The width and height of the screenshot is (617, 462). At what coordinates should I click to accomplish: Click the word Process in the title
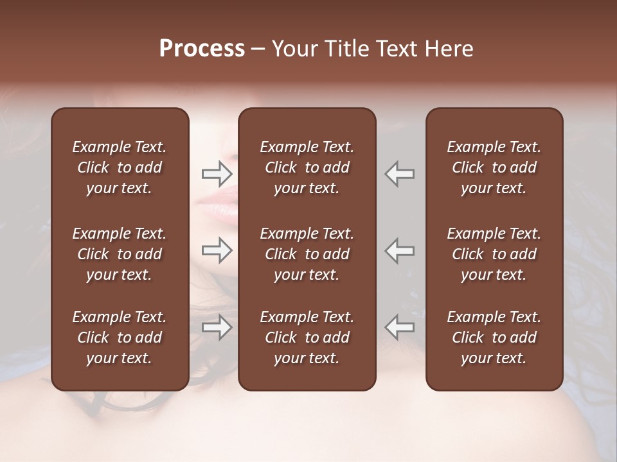202,49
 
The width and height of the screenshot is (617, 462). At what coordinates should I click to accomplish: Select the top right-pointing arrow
217,173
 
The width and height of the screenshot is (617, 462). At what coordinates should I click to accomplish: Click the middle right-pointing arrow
217,250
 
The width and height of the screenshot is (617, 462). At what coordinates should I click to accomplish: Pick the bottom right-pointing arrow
217,327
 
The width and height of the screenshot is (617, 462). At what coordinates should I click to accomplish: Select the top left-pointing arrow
399,173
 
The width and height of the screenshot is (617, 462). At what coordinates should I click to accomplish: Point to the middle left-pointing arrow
399,250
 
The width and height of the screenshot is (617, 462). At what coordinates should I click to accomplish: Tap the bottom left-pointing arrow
399,327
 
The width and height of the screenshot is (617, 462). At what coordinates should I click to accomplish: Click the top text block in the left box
120,167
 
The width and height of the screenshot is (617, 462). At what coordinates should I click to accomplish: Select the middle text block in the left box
120,254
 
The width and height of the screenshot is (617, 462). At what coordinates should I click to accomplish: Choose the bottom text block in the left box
120,338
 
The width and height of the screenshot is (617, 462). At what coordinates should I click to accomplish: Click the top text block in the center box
307,167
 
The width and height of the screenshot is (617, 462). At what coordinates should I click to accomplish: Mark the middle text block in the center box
307,254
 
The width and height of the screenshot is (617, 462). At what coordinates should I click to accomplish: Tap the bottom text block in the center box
307,338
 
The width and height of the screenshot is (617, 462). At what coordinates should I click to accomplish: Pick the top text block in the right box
494,167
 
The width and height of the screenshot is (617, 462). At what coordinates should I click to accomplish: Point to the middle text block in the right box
494,254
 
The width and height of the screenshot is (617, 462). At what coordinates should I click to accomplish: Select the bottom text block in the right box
494,338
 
